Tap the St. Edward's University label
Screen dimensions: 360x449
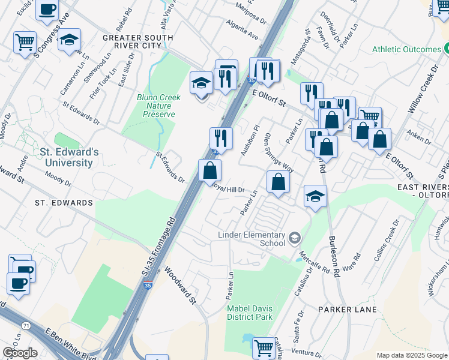(x=66, y=157)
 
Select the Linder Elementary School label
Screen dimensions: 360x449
(x=255, y=238)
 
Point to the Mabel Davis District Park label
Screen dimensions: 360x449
(x=250, y=313)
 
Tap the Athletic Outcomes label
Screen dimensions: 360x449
(x=406, y=49)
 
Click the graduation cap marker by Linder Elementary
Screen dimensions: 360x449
(x=315, y=196)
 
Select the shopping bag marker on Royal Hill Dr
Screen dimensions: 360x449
(x=277, y=182)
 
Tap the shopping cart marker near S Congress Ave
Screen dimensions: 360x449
(x=25, y=42)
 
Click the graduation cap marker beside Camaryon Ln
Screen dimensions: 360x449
(x=70, y=41)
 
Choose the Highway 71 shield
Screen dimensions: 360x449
(x=26, y=325)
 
